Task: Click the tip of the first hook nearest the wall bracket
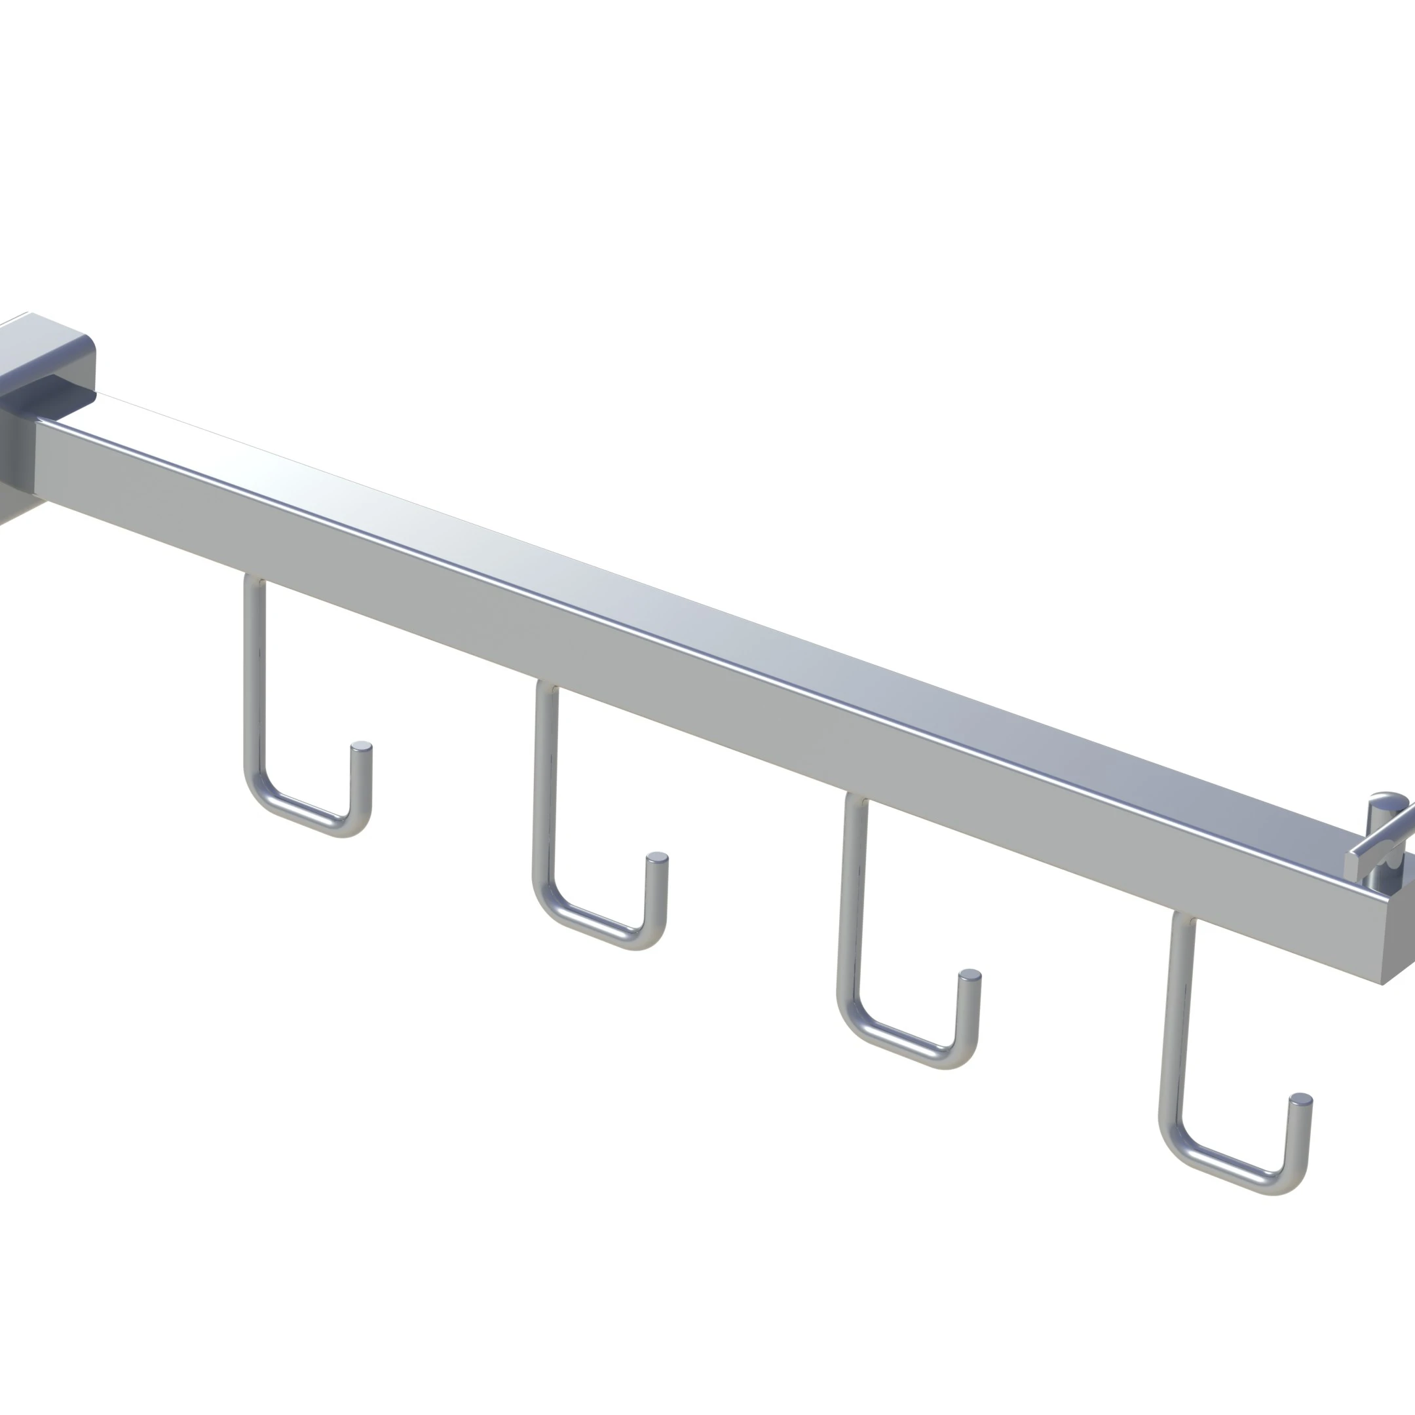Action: (361, 747)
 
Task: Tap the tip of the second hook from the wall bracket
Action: (657, 858)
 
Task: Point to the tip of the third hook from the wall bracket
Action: (970, 975)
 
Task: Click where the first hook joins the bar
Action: (255, 583)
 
